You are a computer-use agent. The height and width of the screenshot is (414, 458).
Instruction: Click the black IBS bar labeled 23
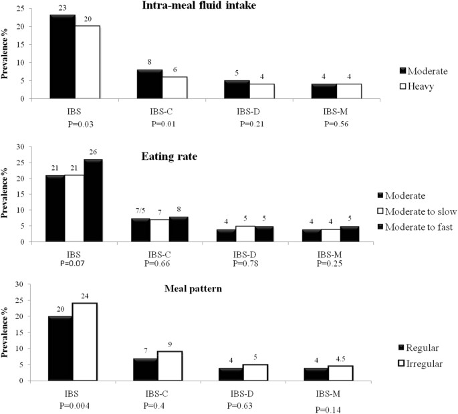click(x=62, y=57)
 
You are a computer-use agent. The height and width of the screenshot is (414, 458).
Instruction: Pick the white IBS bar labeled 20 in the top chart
click(x=87, y=62)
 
